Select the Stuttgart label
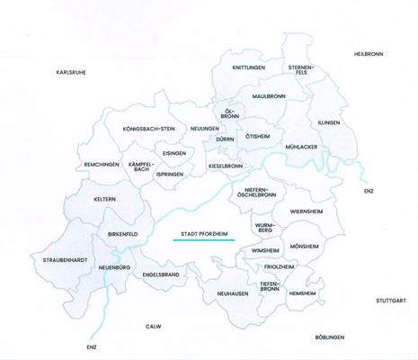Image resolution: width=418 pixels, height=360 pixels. point(392,301)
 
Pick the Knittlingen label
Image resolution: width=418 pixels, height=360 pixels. point(249,67)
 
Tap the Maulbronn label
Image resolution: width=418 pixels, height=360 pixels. point(268,95)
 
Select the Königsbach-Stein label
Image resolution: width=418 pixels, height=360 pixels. point(149,129)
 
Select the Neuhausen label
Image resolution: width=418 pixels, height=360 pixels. point(231,293)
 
